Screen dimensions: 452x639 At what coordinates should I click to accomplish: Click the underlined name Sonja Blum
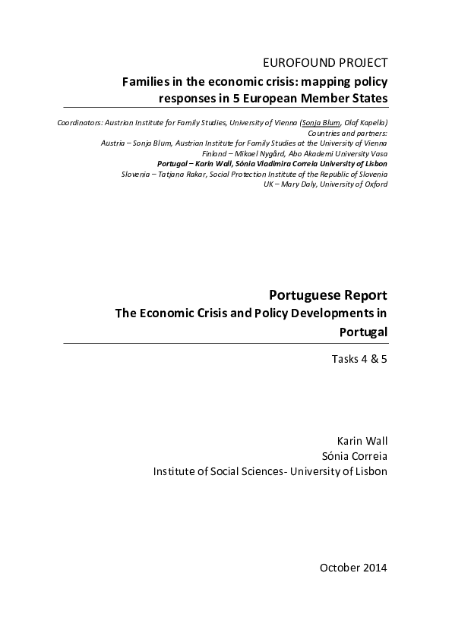point(318,123)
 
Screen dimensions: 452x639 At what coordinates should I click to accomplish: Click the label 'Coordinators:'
point(79,123)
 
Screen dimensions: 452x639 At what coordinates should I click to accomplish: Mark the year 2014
point(375,568)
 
